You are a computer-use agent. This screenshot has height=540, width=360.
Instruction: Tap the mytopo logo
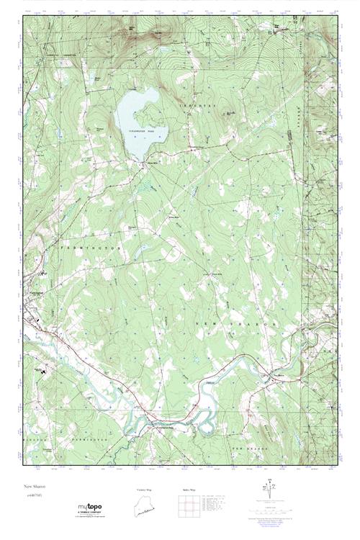[x=91, y=507]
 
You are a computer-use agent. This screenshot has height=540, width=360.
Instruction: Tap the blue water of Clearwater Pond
[x=137, y=115]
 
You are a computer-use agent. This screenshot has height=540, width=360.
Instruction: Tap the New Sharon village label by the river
[x=280, y=375]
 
